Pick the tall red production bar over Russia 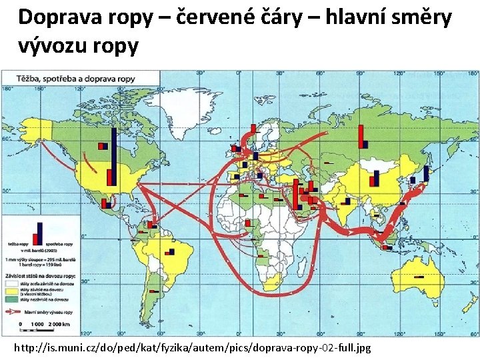point(360,136)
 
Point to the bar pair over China point(374,177)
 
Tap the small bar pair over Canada point(103,146)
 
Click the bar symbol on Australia point(419,276)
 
